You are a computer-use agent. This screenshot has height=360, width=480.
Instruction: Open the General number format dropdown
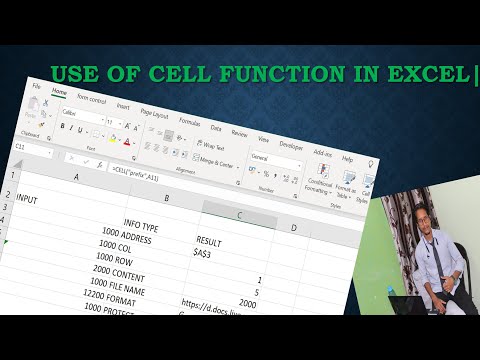point(268,159)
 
